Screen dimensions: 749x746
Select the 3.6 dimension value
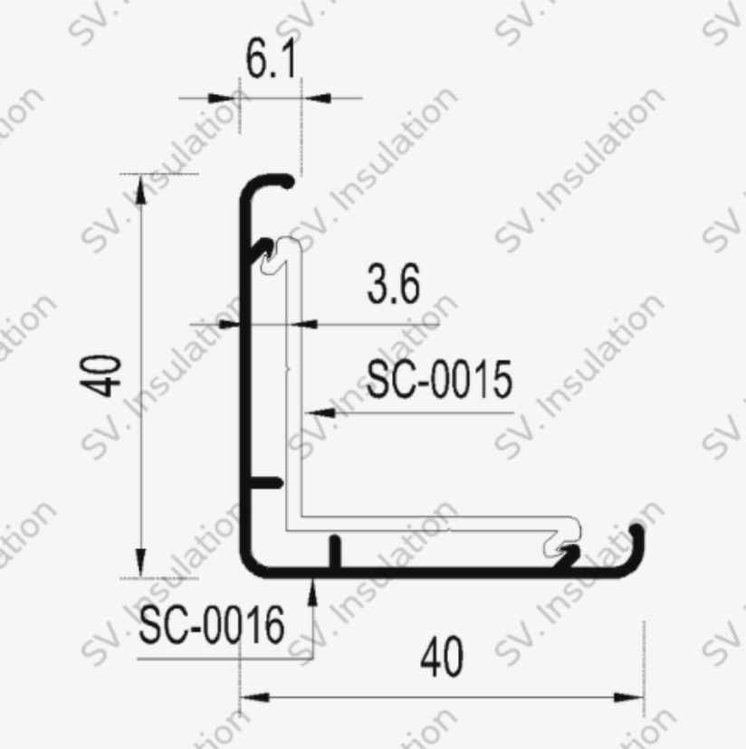click(393, 287)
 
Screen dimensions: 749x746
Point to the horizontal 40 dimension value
click(442, 659)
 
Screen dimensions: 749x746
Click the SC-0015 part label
click(439, 381)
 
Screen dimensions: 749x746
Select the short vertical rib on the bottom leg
click(335, 551)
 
